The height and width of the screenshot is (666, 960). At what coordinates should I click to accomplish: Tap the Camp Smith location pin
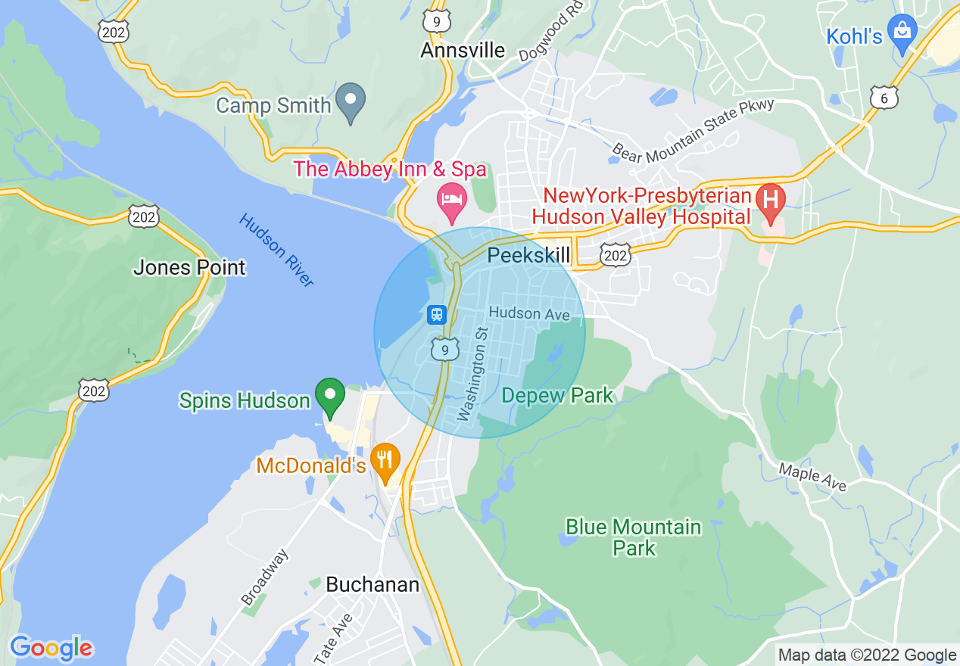(351, 102)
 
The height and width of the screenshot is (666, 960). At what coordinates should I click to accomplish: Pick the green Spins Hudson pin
(329, 397)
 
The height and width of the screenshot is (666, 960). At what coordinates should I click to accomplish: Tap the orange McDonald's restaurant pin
(385, 461)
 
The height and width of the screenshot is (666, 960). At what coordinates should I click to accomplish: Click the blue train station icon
(436, 314)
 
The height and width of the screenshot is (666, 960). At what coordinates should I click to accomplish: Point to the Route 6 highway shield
(884, 97)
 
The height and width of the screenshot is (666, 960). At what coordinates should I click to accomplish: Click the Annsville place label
(463, 50)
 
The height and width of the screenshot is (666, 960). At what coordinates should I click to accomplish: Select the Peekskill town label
(528, 254)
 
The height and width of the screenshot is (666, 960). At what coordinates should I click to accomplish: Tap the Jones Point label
(189, 267)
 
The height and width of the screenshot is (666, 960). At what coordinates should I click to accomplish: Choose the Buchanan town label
(372, 584)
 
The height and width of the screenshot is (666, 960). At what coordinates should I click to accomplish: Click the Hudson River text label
(276, 250)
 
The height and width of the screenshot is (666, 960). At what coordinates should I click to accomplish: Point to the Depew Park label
(557, 395)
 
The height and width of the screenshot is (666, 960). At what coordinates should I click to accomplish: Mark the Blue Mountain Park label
(634, 537)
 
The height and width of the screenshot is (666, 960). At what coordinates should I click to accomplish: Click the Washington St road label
(475, 374)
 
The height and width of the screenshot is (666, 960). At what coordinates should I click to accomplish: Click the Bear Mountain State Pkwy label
(694, 129)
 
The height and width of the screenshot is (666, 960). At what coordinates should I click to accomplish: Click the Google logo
(51, 648)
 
